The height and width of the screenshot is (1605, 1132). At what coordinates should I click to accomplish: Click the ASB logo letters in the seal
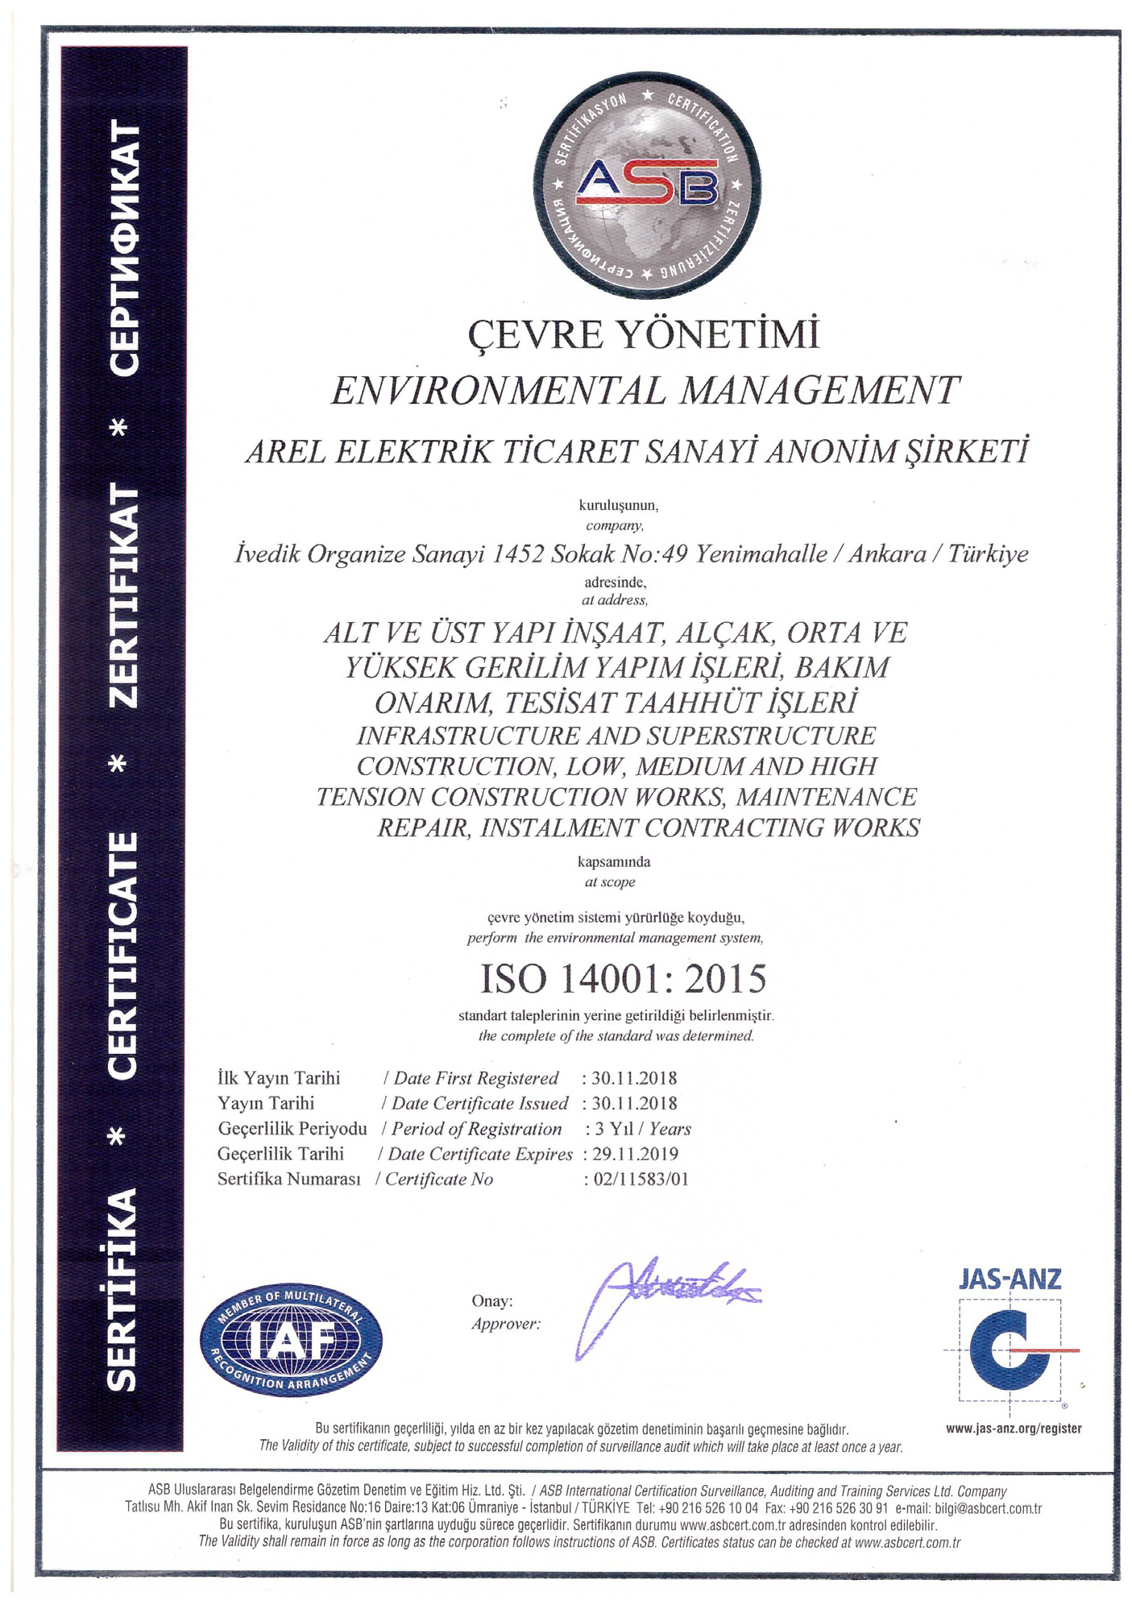click(646, 181)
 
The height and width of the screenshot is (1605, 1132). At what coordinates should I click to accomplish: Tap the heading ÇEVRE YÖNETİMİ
click(644, 334)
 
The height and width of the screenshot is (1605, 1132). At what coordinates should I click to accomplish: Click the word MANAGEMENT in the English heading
click(819, 391)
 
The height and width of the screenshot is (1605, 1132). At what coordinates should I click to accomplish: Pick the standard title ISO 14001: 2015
click(623, 979)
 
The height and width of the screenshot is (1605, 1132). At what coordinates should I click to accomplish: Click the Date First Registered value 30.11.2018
click(634, 1078)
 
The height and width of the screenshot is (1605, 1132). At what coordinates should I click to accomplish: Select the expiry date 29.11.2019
click(635, 1154)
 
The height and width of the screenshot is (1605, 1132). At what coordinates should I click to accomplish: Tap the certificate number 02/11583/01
click(641, 1180)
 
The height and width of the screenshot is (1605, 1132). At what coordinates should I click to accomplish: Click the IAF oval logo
click(291, 1340)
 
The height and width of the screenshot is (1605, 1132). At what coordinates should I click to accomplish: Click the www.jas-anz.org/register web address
click(1013, 1429)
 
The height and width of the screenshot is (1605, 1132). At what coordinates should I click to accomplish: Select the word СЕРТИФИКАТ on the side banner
click(125, 247)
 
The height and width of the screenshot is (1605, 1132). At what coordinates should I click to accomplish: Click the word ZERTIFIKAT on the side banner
click(125, 595)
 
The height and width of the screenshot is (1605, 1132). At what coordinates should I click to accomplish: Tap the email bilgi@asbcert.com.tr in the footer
click(988, 1508)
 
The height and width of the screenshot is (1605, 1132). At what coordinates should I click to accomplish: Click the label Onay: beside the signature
click(491, 1301)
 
